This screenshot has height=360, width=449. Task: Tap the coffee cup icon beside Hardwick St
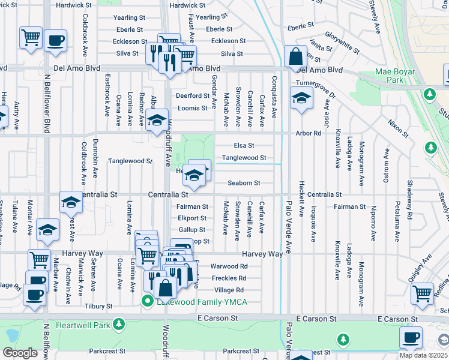56,40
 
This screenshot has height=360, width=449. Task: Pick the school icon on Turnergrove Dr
301,98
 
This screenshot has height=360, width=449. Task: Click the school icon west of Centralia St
71,203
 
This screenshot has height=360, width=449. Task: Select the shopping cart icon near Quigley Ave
423,293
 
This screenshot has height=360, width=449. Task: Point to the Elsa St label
243,145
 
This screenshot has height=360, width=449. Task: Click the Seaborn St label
244,183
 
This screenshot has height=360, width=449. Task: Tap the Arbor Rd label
309,133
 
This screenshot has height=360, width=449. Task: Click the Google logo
20,353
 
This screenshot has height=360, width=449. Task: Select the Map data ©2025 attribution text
423,355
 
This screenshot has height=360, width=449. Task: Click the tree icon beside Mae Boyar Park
429,94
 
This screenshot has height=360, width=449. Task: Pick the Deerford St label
191,95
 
